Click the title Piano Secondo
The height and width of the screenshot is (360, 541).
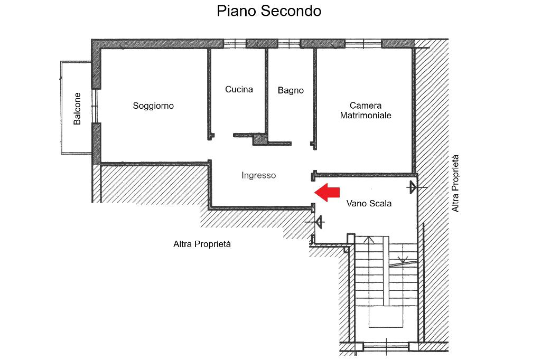pyautogui.click(x=269, y=11)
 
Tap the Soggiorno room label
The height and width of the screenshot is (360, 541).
pyautogui.click(x=153, y=106)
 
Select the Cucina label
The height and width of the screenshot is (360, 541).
pyautogui.click(x=239, y=90)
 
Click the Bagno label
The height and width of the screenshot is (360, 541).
pyautogui.click(x=291, y=91)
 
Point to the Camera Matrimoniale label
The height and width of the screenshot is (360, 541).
pyautogui.click(x=366, y=110)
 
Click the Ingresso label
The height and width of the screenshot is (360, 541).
pyautogui.click(x=259, y=176)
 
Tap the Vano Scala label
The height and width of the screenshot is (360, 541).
pyautogui.click(x=369, y=203)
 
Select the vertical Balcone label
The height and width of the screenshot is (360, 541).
pyautogui.click(x=78, y=109)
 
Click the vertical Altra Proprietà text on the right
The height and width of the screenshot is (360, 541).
pyautogui.click(x=455, y=183)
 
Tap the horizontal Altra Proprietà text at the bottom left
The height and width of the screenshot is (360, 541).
pyautogui.click(x=202, y=244)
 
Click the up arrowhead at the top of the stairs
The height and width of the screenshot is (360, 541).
pyautogui.click(x=369, y=240)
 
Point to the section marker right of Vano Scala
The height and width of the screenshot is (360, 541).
pyautogui.click(x=412, y=187)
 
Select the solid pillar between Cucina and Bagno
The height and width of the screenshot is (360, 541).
pyautogui.click(x=260, y=139)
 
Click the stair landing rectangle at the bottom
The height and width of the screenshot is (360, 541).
pyautogui.click(x=385, y=319)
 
